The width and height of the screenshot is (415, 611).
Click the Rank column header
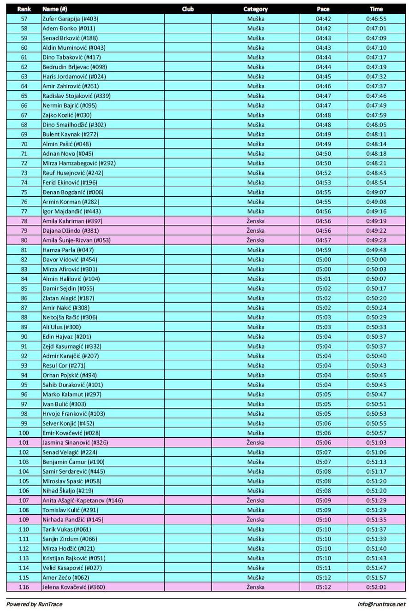point(24,9)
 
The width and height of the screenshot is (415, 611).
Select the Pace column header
point(323,9)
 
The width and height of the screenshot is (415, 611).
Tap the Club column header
point(188,9)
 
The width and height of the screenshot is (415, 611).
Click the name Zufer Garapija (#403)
point(70,19)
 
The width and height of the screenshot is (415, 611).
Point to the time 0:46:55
point(376,19)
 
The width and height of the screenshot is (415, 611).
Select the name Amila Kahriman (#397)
point(72,221)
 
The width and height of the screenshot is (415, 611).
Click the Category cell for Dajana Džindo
point(255,231)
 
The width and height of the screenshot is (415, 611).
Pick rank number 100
point(24,433)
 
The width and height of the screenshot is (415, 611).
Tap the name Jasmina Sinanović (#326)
point(75,443)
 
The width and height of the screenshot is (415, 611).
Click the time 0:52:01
point(376,587)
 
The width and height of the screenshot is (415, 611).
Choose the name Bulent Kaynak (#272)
point(70,135)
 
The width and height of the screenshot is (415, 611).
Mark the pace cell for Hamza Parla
point(323,250)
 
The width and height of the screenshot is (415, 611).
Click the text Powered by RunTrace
point(34,604)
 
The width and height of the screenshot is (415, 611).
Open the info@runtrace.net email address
point(381,604)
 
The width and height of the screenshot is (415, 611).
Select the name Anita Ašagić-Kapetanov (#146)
point(83,500)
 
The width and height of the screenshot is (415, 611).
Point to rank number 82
point(24,260)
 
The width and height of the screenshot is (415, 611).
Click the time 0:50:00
point(376,260)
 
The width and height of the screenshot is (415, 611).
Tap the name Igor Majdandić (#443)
point(71,211)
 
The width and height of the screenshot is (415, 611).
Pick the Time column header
point(376,9)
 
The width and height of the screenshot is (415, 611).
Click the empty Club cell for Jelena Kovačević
point(188,587)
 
